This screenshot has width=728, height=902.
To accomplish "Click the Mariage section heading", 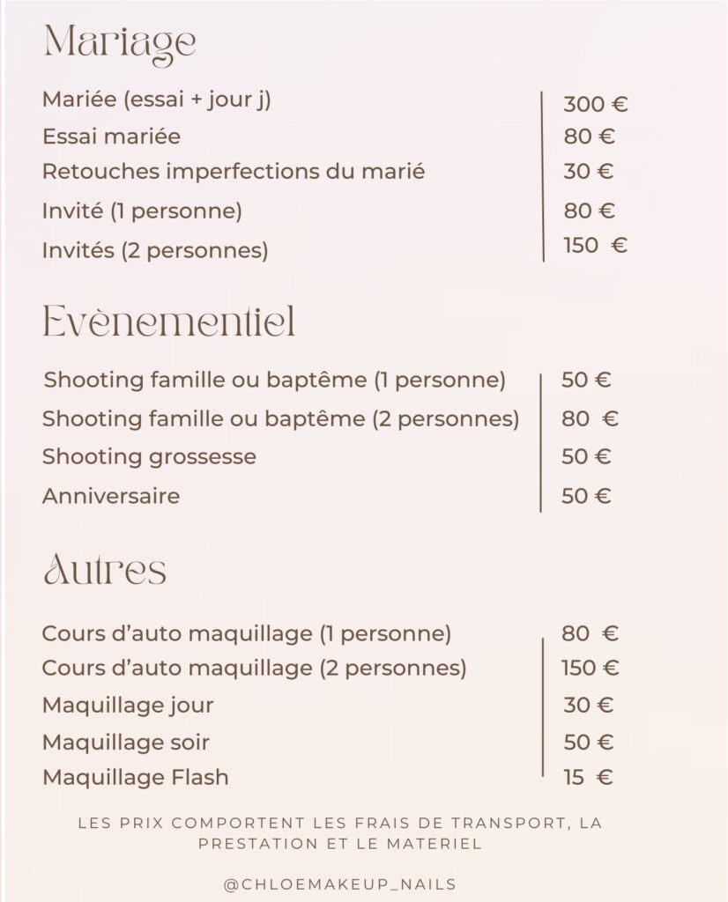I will [119, 42].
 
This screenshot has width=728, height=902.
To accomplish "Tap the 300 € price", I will [595, 105].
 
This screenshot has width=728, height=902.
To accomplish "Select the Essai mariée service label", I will [111, 137].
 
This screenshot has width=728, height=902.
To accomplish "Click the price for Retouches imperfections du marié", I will [589, 171].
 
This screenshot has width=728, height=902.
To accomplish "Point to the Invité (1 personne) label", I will [142, 211].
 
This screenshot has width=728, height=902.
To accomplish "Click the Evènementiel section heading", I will [168, 323].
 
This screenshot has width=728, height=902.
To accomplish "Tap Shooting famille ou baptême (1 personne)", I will [274, 381].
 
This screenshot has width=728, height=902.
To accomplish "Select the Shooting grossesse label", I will [149, 456].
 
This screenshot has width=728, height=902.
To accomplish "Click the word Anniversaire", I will [111, 496].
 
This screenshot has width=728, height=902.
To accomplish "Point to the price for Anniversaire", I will [586, 496].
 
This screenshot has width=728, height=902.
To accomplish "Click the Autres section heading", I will [105, 570].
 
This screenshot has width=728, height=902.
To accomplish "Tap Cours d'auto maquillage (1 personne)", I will [247, 633].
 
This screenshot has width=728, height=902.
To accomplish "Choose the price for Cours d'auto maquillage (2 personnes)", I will [590, 668].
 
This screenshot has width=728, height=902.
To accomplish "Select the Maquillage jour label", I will [128, 706].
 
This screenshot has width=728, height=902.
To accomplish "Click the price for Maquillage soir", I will [588, 742].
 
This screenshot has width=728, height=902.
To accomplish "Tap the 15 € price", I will [588, 777].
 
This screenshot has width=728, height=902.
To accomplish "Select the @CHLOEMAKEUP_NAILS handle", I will [340, 884].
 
